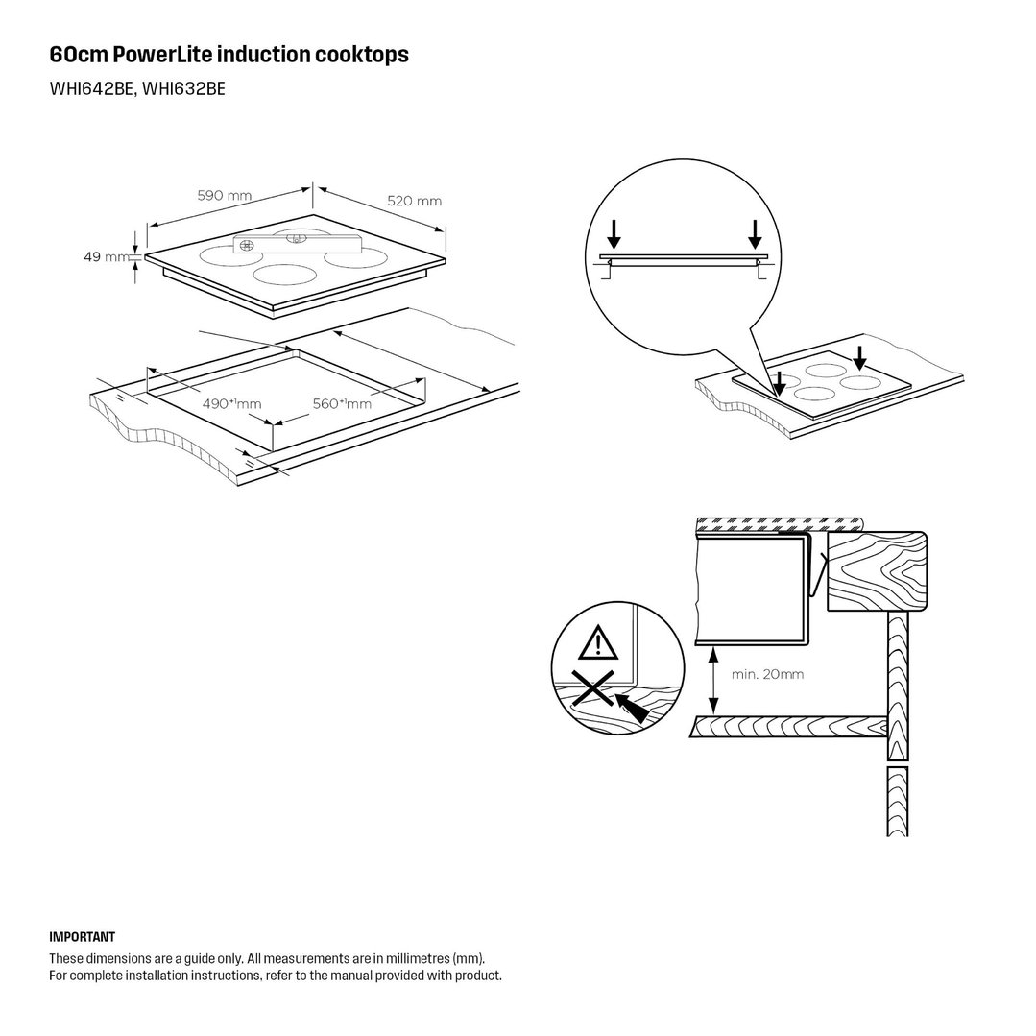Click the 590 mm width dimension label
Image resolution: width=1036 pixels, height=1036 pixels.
pos(225,196)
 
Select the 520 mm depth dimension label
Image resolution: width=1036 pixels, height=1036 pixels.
pos(414,201)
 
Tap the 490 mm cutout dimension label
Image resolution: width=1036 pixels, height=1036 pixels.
pos(231,403)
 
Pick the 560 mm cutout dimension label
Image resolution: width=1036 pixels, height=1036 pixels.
pos(342,403)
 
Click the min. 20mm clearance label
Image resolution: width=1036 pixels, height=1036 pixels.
pos(768,675)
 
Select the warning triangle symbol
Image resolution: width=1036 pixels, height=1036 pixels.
pos(598,643)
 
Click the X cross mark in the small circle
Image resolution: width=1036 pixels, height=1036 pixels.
pos(593,688)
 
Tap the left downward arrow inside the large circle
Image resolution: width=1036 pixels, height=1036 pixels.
pos(614,233)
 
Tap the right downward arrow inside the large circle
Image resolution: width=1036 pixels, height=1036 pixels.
pos(755,233)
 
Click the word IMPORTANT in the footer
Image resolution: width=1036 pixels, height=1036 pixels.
pos(82,937)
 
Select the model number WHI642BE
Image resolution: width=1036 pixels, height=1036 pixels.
pos(92,89)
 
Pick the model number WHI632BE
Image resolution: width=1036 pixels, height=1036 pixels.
pos(183,89)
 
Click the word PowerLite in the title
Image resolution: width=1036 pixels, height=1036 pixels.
pos(163,54)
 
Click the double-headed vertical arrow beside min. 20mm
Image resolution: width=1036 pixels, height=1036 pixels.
pos(713,680)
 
